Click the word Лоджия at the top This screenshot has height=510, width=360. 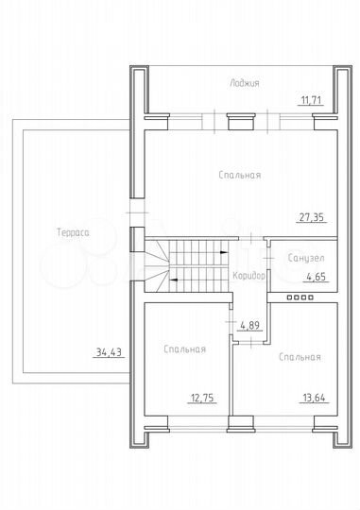pos(244,83)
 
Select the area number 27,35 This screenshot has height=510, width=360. pos(311,217)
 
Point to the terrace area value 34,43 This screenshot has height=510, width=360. pos(109,352)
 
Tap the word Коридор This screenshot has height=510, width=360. pos(248,275)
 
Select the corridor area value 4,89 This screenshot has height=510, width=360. pos(250,326)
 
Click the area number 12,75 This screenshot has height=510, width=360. pos(201,399)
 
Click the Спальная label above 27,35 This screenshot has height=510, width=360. pos(239,175)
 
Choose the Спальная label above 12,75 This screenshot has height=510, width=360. pos(184,349)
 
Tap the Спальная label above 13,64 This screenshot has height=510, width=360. pos(300,357)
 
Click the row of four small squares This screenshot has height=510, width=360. pos(300,297)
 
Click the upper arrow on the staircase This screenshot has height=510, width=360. pos(221,253)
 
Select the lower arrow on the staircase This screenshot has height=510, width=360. pos(173,279)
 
